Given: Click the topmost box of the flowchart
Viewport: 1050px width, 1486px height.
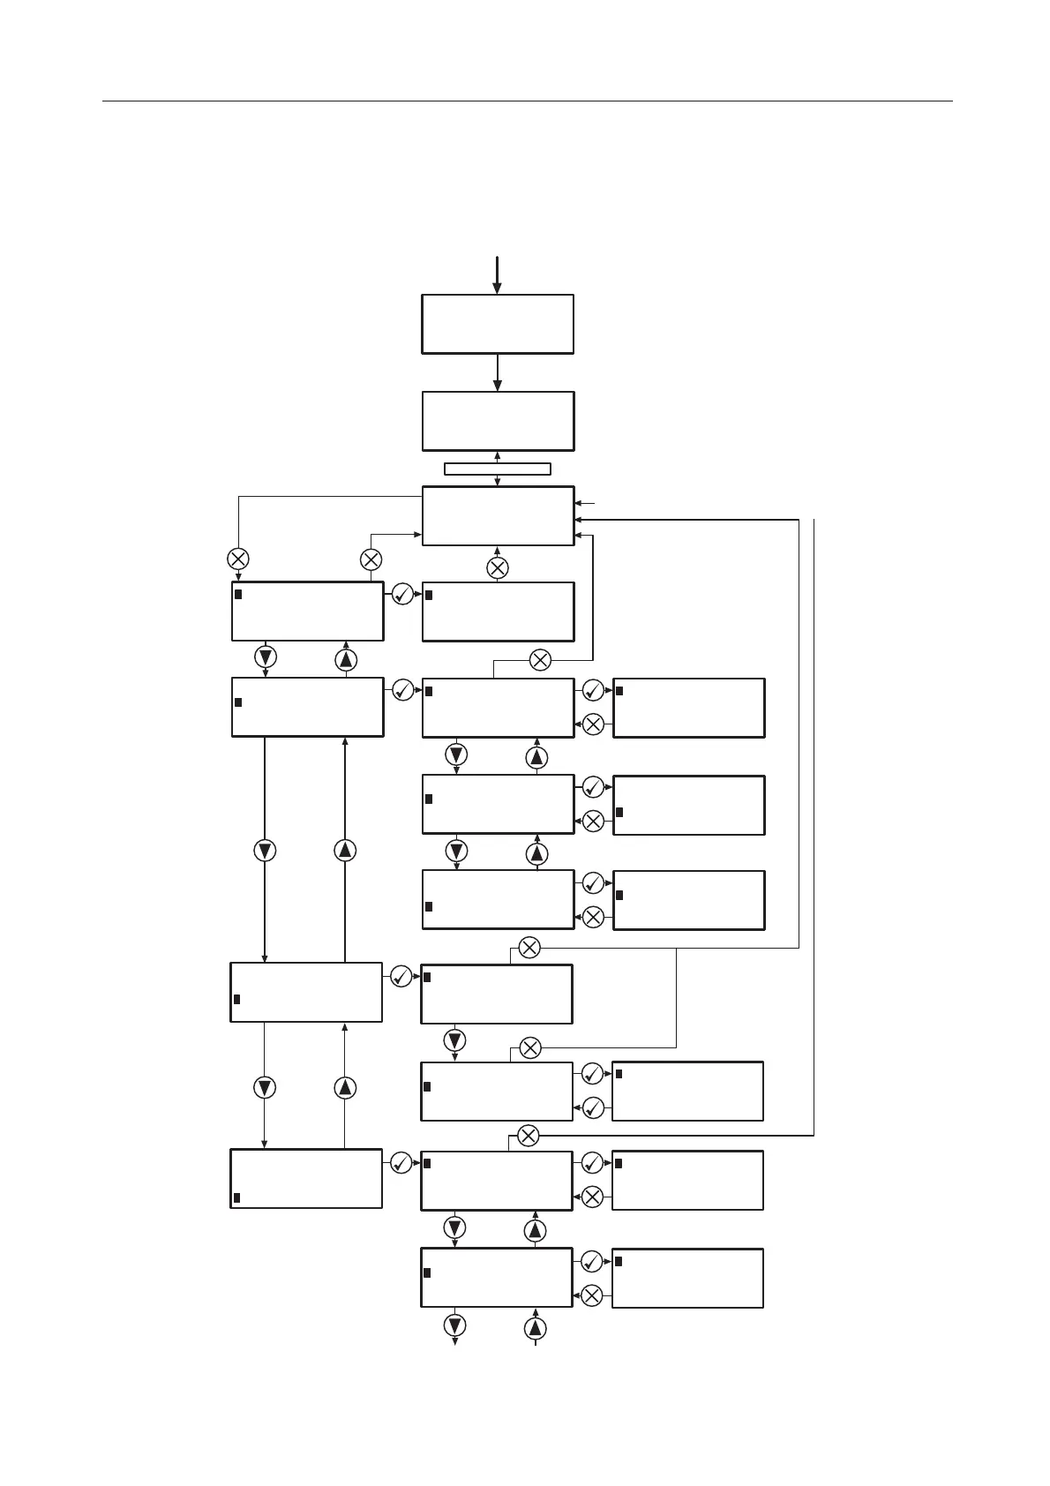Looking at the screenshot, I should [x=498, y=324].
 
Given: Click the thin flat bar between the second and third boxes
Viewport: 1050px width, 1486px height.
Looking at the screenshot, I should [x=497, y=469].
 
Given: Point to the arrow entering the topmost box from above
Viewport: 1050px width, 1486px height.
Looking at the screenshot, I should [x=497, y=274].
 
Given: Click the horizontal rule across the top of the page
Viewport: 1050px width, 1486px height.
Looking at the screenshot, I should [x=527, y=101].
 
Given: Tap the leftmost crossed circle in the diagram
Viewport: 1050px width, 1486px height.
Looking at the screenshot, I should [x=238, y=559].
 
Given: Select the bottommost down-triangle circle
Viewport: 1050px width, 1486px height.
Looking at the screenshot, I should [x=455, y=1325].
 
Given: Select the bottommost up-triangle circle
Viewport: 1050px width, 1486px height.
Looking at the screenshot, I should [x=536, y=1328].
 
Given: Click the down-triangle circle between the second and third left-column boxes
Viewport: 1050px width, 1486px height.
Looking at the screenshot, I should [x=265, y=850].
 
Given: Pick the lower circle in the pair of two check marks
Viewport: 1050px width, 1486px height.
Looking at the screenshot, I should [x=593, y=1107].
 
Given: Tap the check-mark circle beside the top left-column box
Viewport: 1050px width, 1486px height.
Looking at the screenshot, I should [x=402, y=594].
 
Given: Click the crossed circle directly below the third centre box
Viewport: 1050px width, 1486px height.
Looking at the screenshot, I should [x=498, y=568].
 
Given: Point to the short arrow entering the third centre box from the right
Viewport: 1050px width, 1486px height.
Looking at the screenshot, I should [x=586, y=503].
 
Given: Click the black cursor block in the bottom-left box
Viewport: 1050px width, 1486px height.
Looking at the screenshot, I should [x=236, y=1197].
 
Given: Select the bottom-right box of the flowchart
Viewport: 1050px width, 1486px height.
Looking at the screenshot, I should [x=687, y=1278].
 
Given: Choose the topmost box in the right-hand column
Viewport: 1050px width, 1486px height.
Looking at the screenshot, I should [x=689, y=708].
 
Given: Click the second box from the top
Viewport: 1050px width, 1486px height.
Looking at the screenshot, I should [x=498, y=421].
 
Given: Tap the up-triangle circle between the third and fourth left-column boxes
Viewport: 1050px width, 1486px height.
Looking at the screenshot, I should [x=345, y=1088].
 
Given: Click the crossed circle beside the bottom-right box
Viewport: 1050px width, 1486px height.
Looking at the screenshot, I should [x=592, y=1295].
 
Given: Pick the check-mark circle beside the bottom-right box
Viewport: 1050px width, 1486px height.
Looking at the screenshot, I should [x=592, y=1261].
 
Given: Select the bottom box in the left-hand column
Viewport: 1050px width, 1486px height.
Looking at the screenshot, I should [x=306, y=1178].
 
